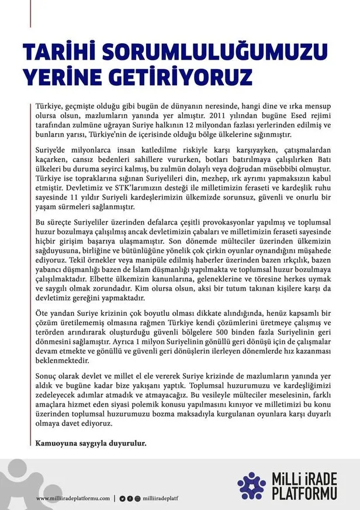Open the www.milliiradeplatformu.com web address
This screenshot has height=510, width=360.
73,498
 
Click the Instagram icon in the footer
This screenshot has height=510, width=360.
137,498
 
